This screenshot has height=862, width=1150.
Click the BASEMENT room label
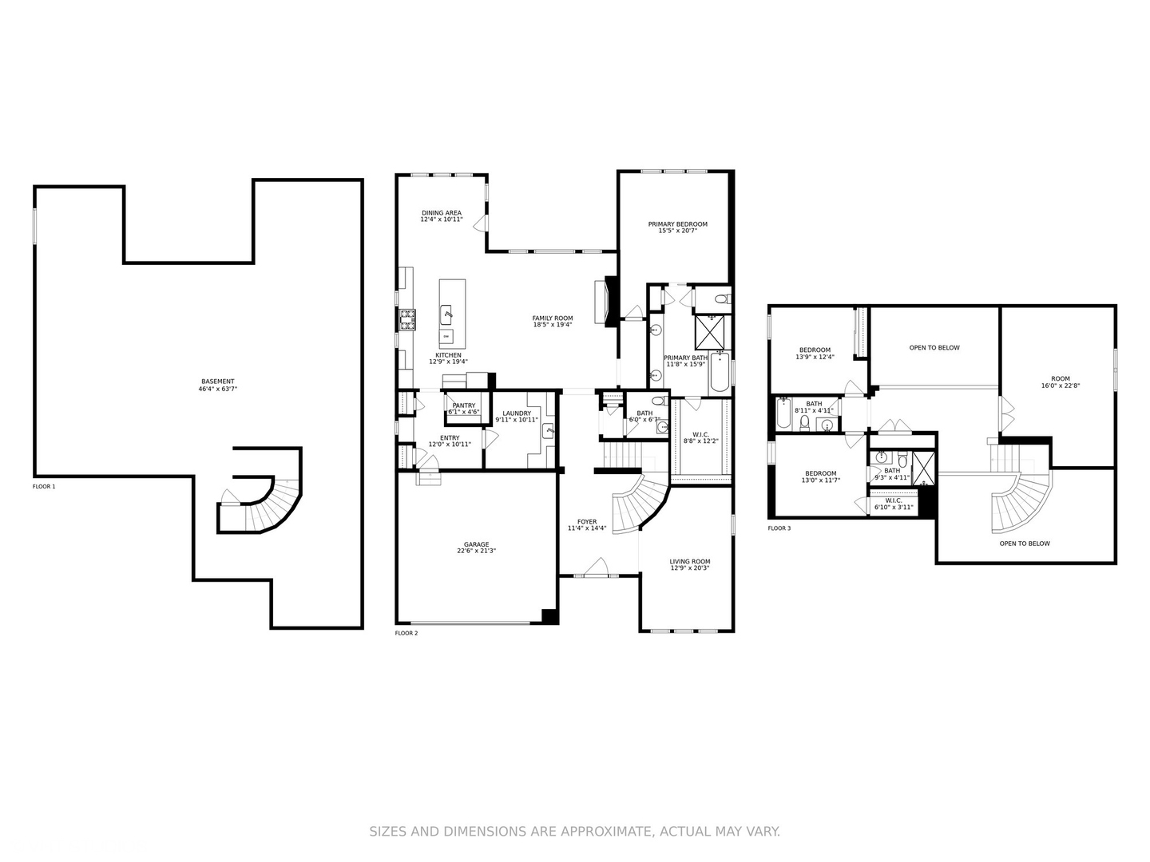point(217,382)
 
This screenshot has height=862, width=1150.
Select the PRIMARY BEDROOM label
point(677,224)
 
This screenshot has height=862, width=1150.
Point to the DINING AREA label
point(442,213)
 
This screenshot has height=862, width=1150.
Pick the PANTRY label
point(463,405)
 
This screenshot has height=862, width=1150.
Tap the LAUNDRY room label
point(517,413)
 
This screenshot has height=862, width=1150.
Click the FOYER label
point(587,522)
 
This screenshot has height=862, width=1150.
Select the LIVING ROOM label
point(689,561)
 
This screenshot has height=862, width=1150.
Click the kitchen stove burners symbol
point(408,320)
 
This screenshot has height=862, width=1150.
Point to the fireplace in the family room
point(611,301)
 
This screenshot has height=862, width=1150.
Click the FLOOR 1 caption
point(44,486)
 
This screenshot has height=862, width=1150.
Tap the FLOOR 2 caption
point(406,633)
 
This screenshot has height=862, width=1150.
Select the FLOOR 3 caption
point(779,528)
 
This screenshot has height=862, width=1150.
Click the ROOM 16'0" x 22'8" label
point(1060,379)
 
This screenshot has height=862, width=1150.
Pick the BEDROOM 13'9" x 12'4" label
point(815,350)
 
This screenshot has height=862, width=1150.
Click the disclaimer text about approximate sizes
point(574,832)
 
